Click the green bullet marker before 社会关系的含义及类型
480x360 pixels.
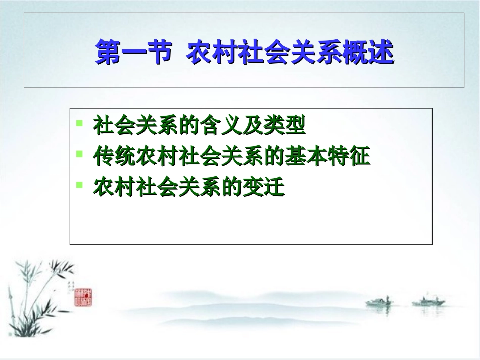(x=79, y=123)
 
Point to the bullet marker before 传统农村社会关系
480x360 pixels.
(x=79, y=153)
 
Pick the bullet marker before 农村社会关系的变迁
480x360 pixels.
(x=79, y=185)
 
